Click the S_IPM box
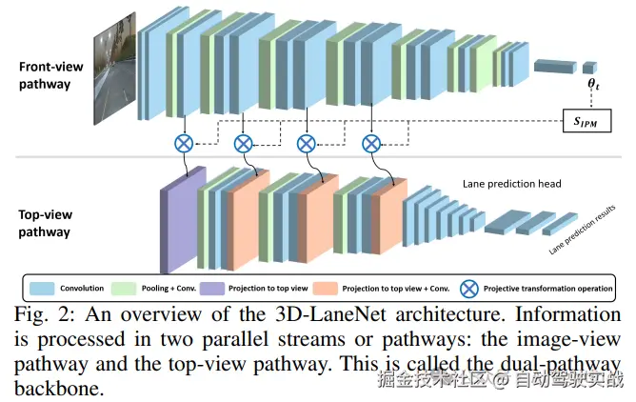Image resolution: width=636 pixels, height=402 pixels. tap(586, 120)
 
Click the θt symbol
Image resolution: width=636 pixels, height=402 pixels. tap(593, 84)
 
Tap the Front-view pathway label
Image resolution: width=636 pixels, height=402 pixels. tap(50, 75)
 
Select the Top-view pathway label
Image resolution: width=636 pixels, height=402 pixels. tap(45, 223)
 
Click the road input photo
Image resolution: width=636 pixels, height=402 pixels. tap(115, 69)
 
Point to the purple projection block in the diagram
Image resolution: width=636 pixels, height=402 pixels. tap(183, 220)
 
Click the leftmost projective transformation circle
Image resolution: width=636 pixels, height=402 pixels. tap(184, 144)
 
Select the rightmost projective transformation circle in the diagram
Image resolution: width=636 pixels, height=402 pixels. tap(371, 144)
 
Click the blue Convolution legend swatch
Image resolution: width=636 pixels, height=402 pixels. tap(42, 289)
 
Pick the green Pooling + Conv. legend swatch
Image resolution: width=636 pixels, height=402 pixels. tap(124, 289)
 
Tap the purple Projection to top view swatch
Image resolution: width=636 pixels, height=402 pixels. tap(212, 289)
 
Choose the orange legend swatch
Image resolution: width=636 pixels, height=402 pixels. tap(326, 289)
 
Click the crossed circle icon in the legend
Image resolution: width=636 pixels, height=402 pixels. tap(468, 289)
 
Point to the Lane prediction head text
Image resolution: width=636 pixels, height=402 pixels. tap(512, 184)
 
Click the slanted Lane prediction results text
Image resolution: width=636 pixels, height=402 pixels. tap(582, 230)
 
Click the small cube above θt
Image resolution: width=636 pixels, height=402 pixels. tap(589, 68)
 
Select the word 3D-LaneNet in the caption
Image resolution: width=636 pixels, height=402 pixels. tap(330, 314)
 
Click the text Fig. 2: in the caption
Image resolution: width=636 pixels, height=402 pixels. tap(44, 315)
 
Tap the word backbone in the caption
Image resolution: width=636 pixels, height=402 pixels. tap(59, 389)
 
